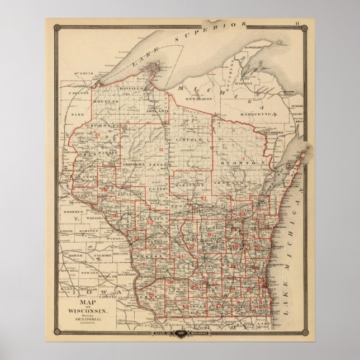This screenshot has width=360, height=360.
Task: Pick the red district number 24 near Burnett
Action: (x=97, y=135)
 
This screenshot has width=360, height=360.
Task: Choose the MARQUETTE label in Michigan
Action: (x=263, y=113)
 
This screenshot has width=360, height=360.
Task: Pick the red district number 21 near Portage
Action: (x=203, y=199)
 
